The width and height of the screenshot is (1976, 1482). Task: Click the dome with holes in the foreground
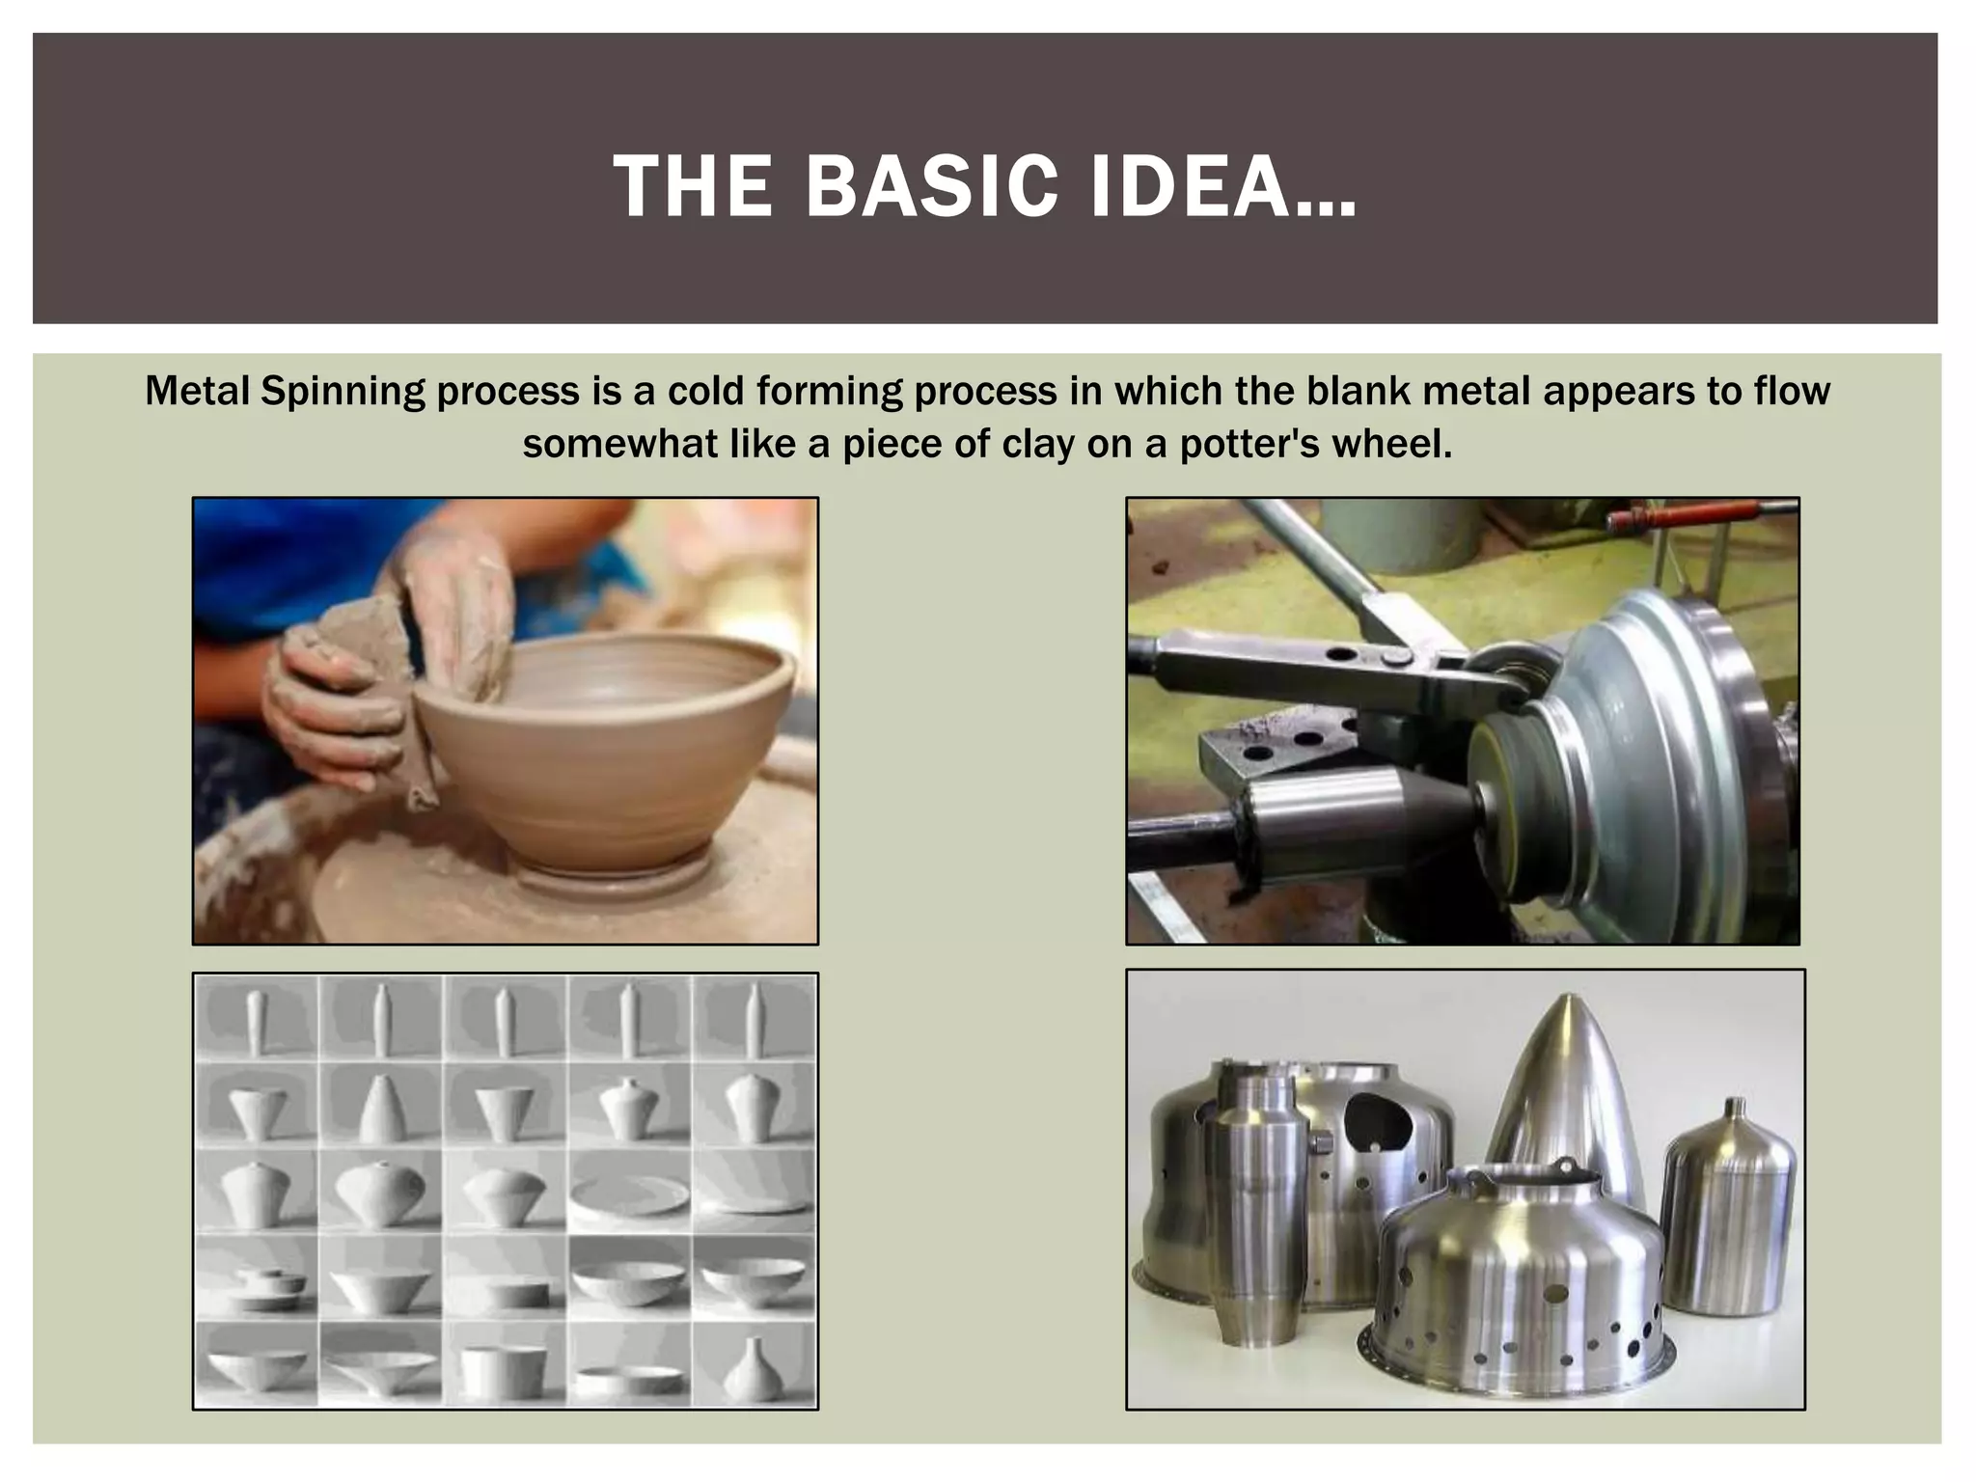tap(1520, 1293)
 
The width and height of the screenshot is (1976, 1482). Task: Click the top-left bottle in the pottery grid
tap(256, 1021)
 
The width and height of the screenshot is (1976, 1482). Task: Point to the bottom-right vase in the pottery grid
tap(754, 1370)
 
